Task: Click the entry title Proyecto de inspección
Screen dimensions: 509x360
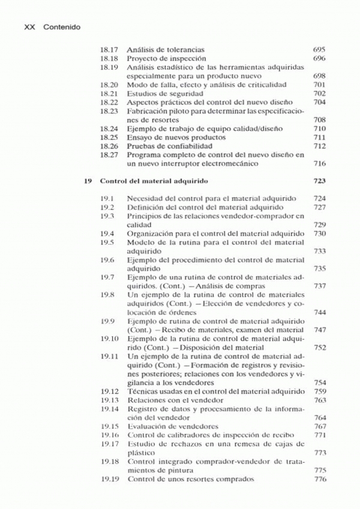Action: click(x=161, y=58)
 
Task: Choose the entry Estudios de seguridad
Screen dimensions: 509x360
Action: click(x=159, y=94)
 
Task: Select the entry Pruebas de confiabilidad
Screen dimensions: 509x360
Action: click(x=161, y=146)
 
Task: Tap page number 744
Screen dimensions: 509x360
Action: click(x=319, y=312)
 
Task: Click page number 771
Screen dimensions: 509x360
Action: click(x=319, y=435)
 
